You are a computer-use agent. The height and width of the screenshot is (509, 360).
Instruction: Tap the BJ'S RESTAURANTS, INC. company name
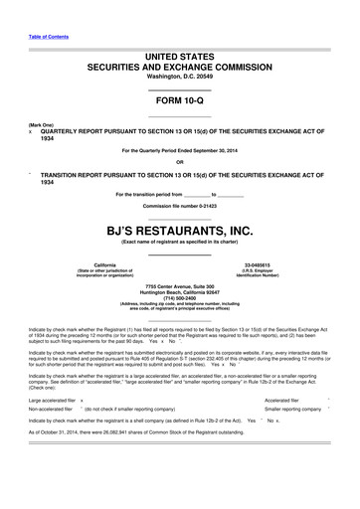point(180,232)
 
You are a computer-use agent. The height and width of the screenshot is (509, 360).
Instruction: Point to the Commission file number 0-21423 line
point(180,206)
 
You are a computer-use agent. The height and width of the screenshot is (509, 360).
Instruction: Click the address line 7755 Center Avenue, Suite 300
point(180,285)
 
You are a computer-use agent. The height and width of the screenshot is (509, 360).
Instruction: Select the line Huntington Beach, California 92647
point(180,291)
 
